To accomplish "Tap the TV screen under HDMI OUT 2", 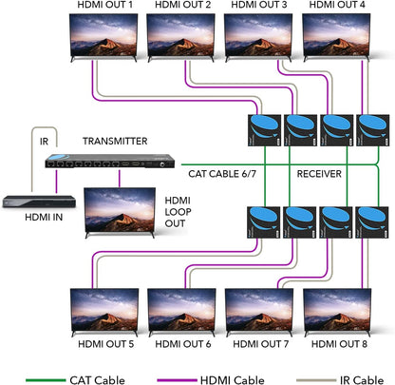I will (181, 36).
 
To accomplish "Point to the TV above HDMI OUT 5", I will (103, 309).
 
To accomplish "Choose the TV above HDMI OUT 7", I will (258, 309).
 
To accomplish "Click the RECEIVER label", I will (319, 174).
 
